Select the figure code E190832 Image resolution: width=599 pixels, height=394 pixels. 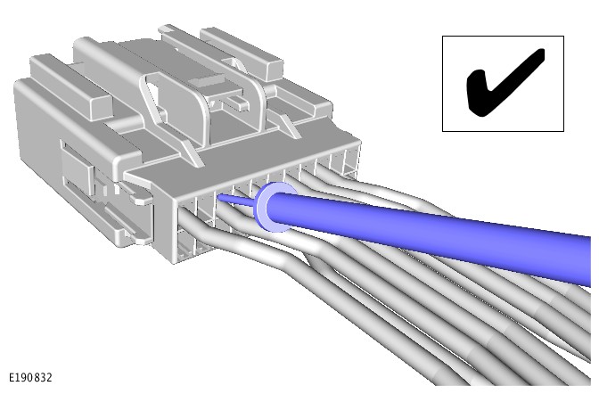[30, 378]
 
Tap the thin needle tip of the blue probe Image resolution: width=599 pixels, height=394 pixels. [218, 196]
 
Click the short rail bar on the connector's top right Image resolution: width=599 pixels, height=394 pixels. [242, 53]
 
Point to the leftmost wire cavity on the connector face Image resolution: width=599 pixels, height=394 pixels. [186, 209]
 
